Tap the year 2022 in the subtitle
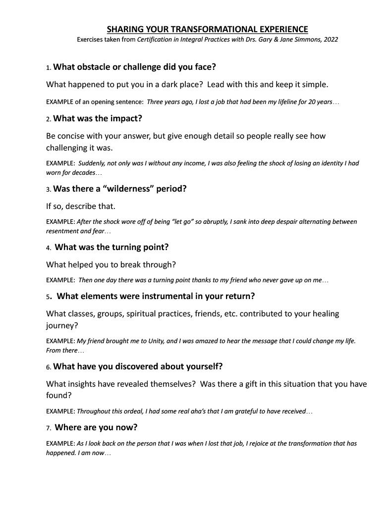tap(330, 40)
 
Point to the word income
tap(189, 163)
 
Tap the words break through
tap(153, 264)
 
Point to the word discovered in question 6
tap(132, 366)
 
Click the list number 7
tap(48, 427)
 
